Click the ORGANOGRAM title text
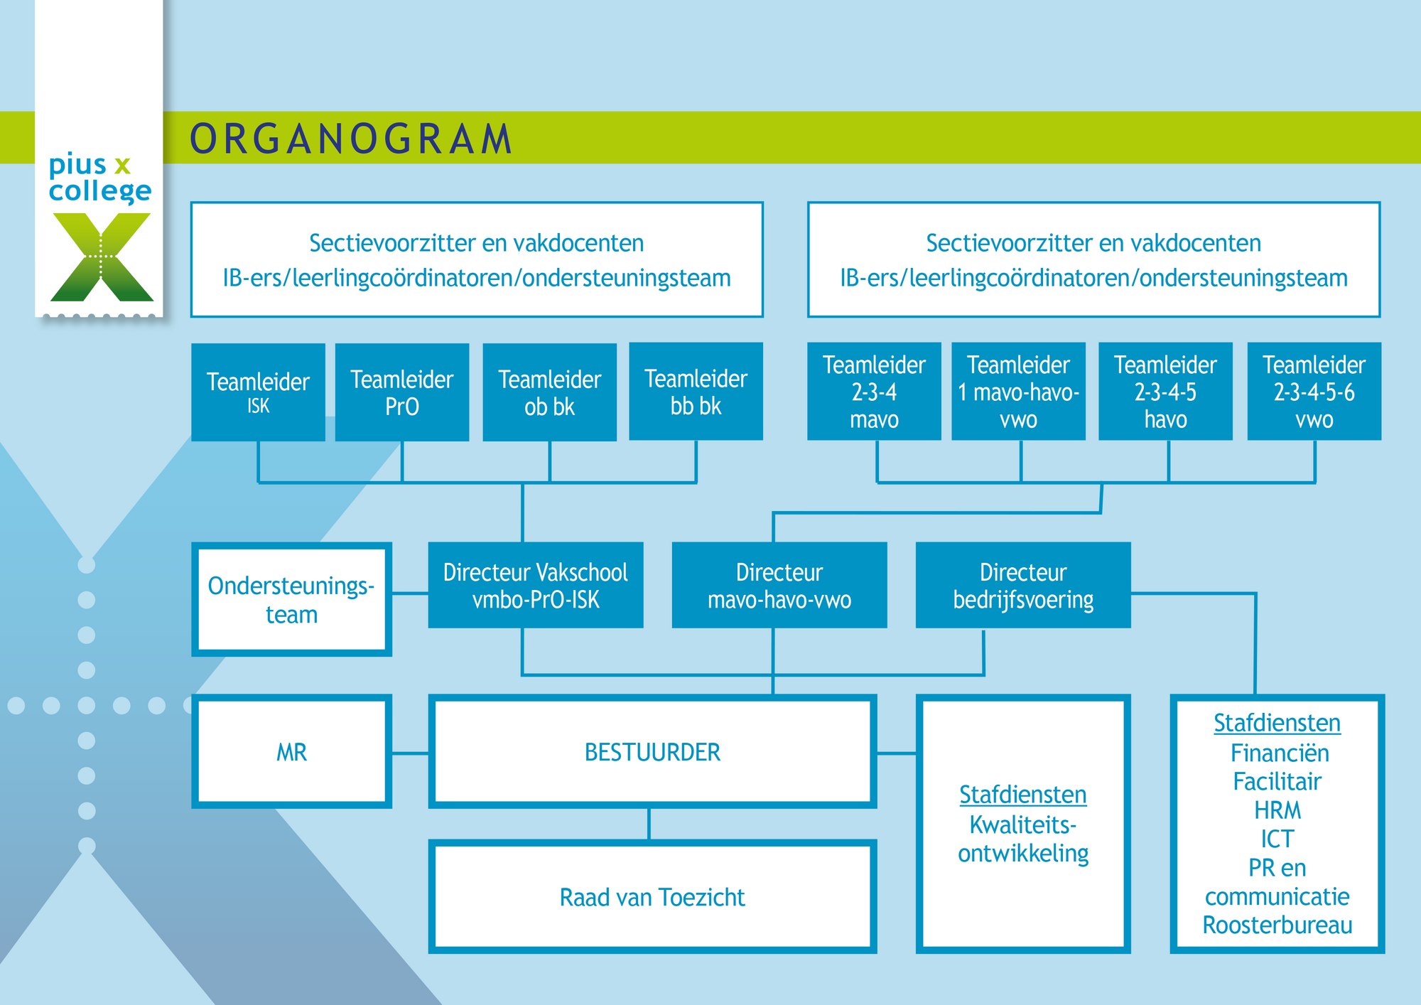click(x=351, y=139)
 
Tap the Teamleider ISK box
click(x=258, y=392)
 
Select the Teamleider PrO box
click(x=402, y=392)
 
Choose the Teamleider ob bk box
click(x=550, y=392)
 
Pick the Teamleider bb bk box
click(x=696, y=392)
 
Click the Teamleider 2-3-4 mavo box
click(x=874, y=392)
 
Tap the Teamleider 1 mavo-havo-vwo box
click(x=1019, y=392)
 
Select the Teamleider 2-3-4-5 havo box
click(x=1166, y=392)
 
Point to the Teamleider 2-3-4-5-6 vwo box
click(x=1314, y=392)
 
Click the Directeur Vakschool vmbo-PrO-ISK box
click(x=536, y=585)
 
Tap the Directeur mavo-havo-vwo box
click(x=779, y=585)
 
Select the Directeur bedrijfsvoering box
click(x=1023, y=585)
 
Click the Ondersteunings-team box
click(x=292, y=600)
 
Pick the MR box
click(x=292, y=752)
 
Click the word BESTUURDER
click(x=652, y=752)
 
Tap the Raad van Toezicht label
click(x=652, y=897)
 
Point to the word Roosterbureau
click(x=1277, y=925)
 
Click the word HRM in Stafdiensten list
click(x=1277, y=810)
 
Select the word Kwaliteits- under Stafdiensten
click(x=1023, y=824)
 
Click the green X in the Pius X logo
click(x=102, y=257)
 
